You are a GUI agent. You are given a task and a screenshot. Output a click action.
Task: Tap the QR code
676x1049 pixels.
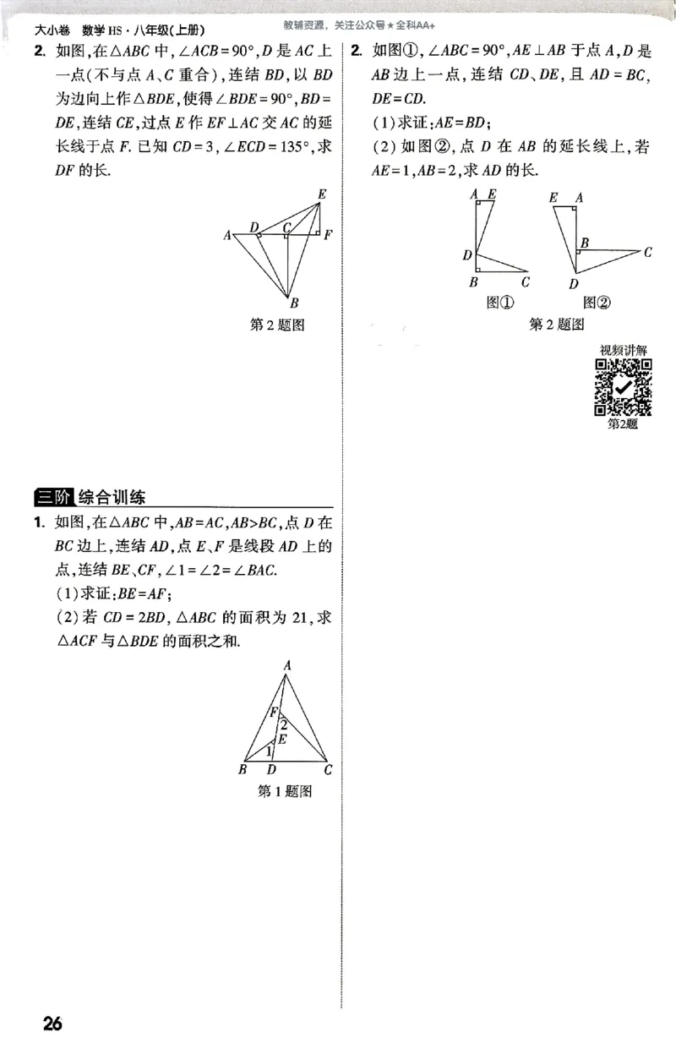[x=624, y=387]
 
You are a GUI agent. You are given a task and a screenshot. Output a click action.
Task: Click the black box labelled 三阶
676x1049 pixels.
[x=52, y=498]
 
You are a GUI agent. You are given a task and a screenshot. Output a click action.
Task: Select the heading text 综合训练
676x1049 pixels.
[x=112, y=498]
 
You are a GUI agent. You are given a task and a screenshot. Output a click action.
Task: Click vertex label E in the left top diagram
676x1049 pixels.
[x=321, y=194]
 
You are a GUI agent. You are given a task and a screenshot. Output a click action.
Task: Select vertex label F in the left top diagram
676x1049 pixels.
[x=328, y=234]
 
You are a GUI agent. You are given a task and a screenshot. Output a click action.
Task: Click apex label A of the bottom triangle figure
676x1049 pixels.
[x=286, y=666]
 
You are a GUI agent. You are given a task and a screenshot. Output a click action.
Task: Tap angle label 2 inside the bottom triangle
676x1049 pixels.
[x=284, y=724]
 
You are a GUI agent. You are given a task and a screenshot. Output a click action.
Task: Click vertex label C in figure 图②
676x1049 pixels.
[x=647, y=251]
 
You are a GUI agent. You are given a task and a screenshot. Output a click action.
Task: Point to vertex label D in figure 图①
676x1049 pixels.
[x=466, y=254]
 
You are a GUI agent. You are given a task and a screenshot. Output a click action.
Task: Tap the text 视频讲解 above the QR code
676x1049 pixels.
[x=624, y=350]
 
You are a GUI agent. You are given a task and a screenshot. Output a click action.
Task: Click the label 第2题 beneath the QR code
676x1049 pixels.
[x=623, y=424]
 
